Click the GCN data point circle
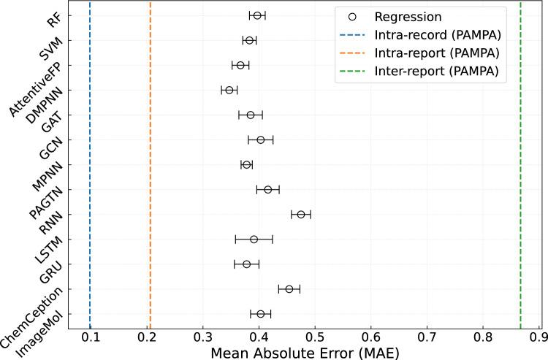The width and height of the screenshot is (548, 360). (x=260, y=139)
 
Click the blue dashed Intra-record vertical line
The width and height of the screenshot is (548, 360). (x=90, y=183)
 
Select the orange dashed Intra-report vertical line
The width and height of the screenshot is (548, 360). (x=150, y=183)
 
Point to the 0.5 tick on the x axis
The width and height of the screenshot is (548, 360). (x=315, y=337)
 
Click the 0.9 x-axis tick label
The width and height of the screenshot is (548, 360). (x=539, y=337)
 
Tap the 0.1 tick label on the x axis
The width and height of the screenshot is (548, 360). (x=91, y=337)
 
